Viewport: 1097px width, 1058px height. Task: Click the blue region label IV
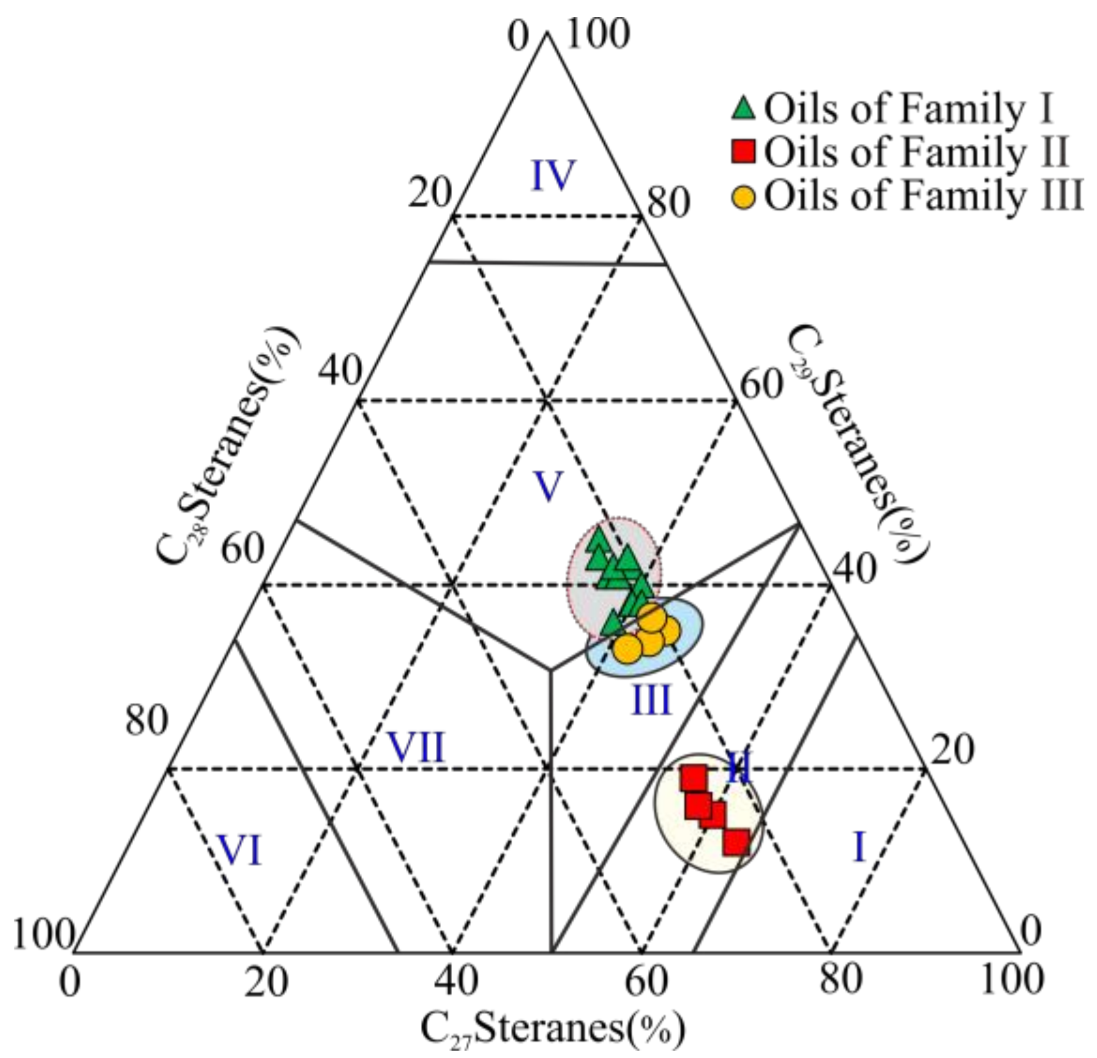point(554,176)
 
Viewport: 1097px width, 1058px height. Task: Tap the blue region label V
point(548,486)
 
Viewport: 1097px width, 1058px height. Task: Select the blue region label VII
point(416,747)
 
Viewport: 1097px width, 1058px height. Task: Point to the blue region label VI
point(240,851)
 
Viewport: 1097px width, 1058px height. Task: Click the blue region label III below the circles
point(651,700)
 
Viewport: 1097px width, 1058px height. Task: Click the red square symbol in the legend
point(744,151)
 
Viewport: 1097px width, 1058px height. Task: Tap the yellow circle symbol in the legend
point(744,197)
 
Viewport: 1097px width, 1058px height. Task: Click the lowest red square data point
point(736,842)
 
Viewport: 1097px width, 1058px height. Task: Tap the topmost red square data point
point(694,778)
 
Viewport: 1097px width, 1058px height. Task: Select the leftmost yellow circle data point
point(627,648)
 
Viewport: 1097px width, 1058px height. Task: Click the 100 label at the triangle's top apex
point(597,34)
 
